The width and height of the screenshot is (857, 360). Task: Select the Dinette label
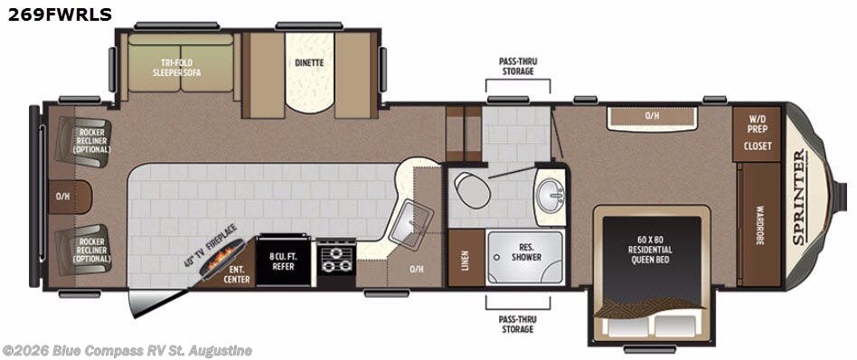309,63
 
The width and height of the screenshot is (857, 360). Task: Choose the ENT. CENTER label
237,274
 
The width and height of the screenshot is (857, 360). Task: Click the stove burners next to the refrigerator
335,258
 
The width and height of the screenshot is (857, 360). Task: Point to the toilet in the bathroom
471,188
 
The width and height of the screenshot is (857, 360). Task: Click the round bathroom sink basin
550,192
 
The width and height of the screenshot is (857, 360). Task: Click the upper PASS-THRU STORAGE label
516,66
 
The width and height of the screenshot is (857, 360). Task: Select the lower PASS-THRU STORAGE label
516,324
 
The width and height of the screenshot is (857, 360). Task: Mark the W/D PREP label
757,124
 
